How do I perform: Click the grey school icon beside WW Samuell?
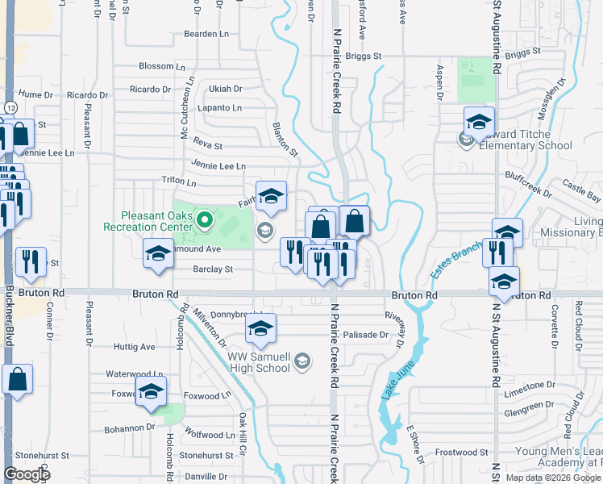click(302, 361)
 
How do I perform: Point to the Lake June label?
click(393, 383)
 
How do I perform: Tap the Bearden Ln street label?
click(206, 34)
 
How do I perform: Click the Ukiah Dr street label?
click(225, 89)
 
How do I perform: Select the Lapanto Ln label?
click(225, 108)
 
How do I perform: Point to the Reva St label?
click(207, 146)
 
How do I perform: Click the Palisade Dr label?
click(366, 334)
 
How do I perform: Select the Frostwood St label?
click(461, 453)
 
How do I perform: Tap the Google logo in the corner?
click(27, 474)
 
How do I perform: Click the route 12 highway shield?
click(10, 107)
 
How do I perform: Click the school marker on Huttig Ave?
click(260, 328)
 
